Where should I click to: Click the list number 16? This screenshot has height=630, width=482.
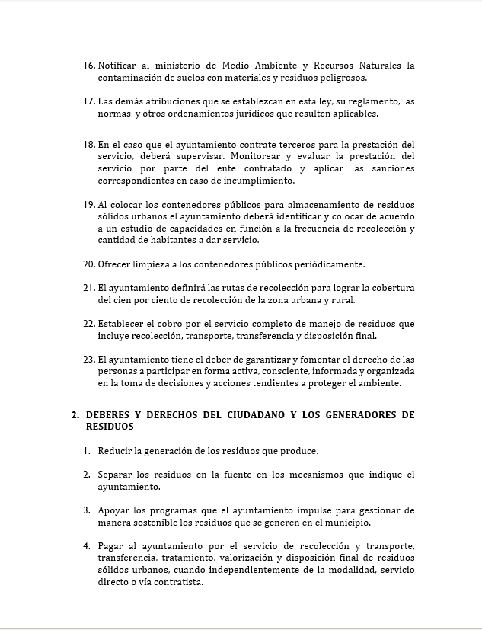pos(89,66)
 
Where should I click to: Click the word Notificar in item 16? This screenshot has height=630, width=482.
pos(120,66)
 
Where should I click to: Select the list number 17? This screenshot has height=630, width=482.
pos(89,101)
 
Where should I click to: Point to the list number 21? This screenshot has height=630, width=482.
pos(89,288)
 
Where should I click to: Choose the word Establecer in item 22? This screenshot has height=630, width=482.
pos(124,324)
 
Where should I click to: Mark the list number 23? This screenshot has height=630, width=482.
pos(89,360)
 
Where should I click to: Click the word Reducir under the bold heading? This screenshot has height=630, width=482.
pos(115,451)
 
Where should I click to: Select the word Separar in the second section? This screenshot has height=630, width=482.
pos(117,475)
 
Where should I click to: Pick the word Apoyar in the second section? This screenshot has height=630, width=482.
pos(115,510)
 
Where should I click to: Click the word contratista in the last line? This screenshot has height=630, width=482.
pos(178,582)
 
